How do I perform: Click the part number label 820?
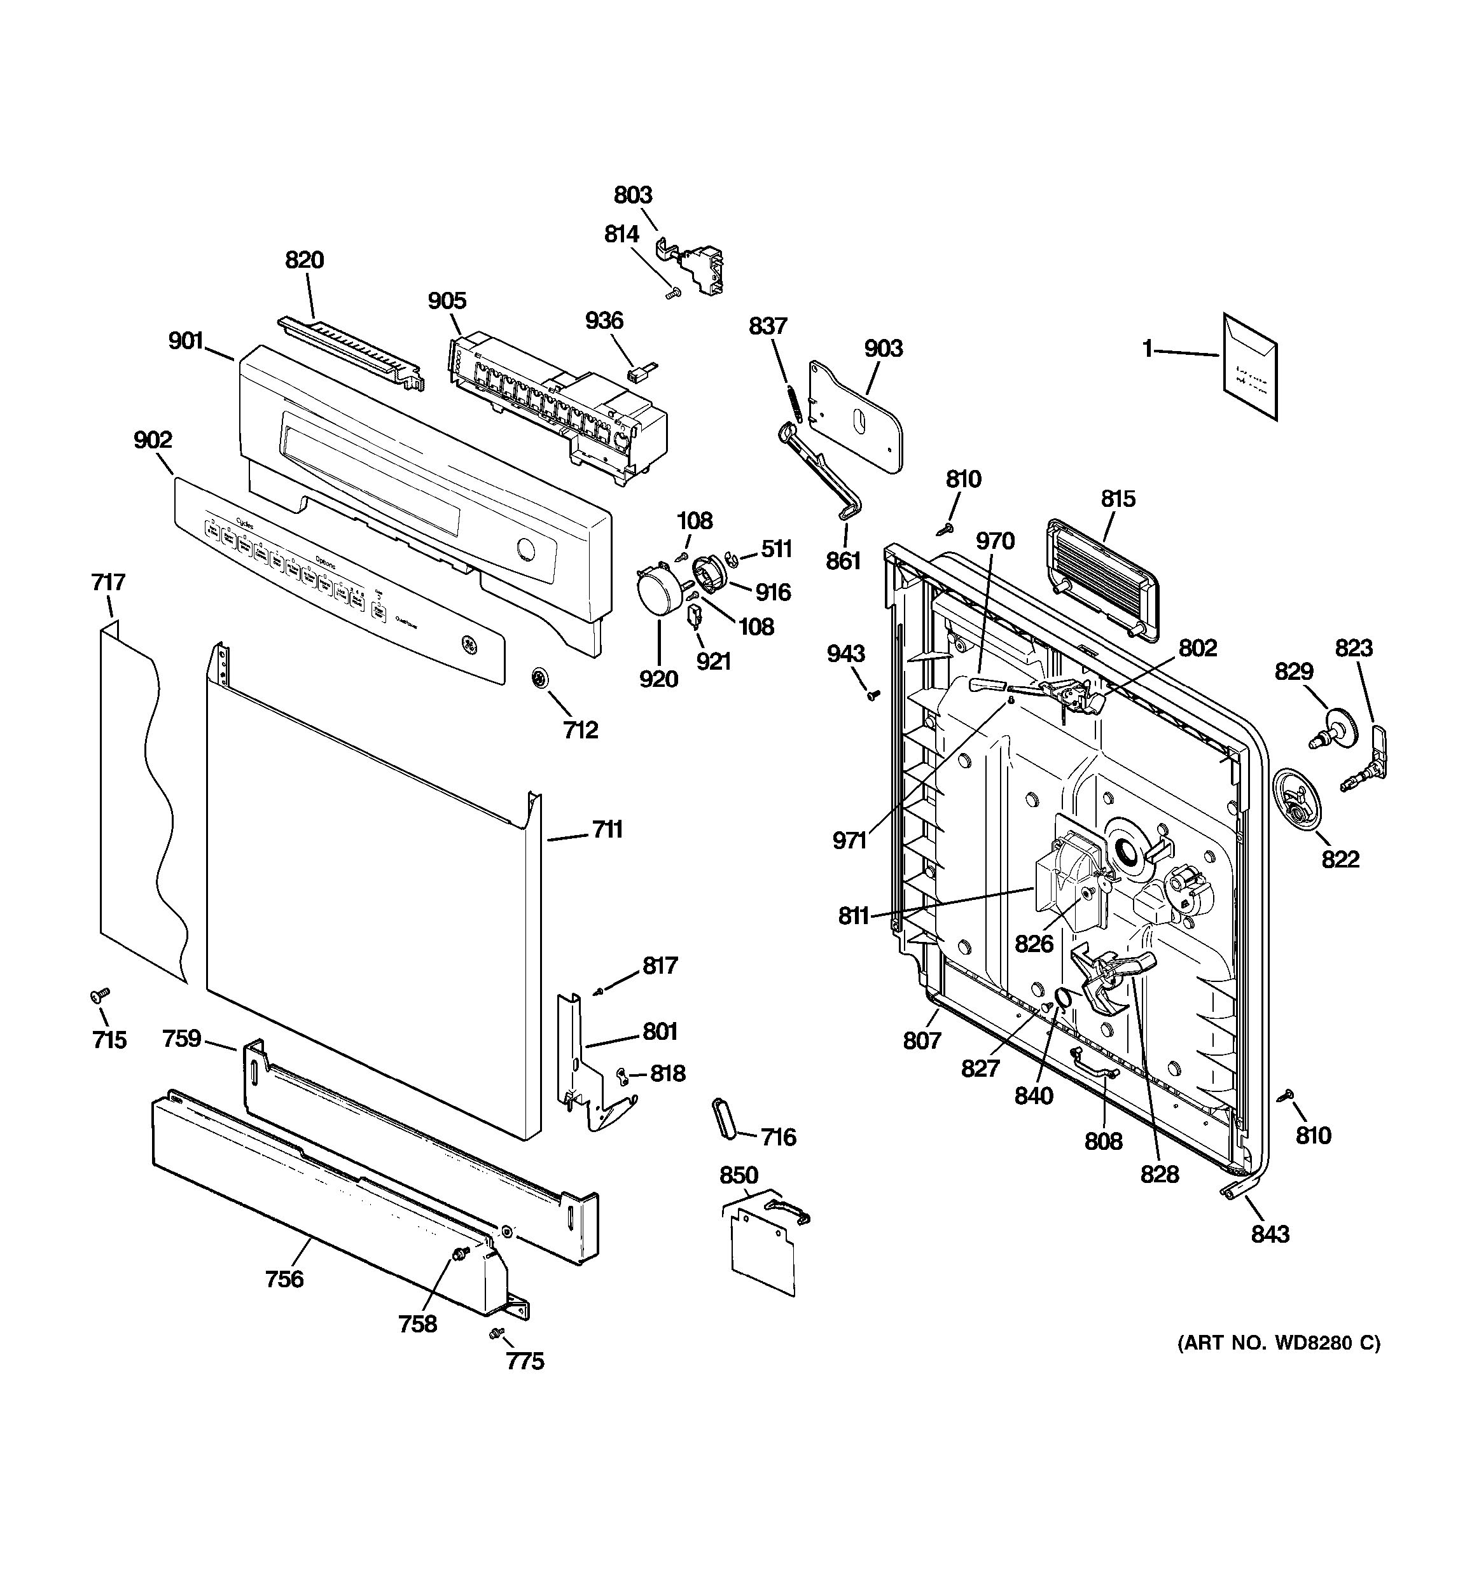pos(304,259)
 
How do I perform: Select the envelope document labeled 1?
pos(1250,366)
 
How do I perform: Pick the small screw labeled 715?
pos(99,997)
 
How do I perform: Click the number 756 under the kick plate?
pos(284,1278)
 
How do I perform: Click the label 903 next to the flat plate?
pos(883,348)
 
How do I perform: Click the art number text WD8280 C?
pos(1279,1343)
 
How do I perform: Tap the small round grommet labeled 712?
pos(540,677)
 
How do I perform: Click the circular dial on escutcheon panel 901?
pos(525,550)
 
